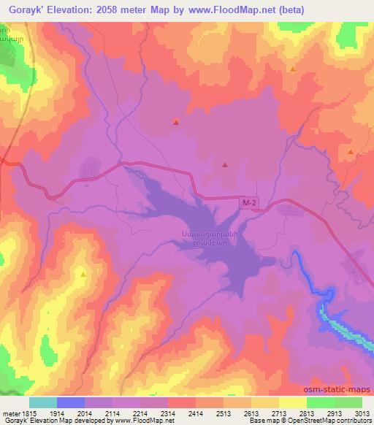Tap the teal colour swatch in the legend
[43, 402]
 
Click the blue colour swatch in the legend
[71, 402]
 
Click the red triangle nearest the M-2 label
[225, 165]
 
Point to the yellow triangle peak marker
[83, 275]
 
